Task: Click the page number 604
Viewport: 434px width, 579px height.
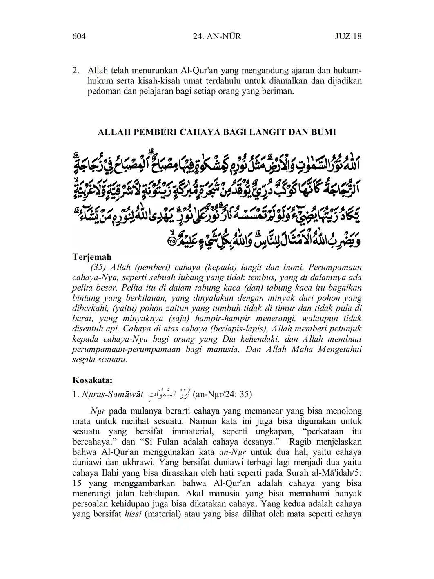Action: click(x=79, y=36)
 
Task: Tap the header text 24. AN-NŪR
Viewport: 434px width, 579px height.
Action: click(x=216, y=36)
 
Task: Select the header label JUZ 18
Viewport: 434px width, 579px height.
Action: click(x=348, y=36)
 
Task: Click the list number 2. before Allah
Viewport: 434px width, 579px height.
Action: click(x=76, y=70)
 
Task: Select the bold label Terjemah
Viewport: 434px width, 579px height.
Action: click(x=92, y=257)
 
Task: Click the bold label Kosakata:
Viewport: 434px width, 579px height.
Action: click(x=92, y=380)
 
